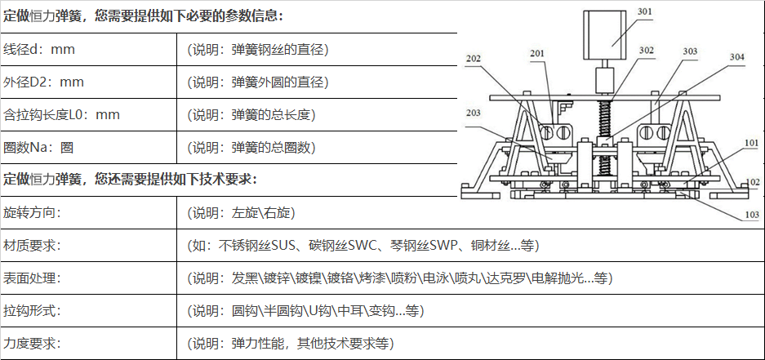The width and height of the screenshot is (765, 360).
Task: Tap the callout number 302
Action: pyautogui.click(x=647, y=51)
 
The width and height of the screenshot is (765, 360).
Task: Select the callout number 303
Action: pyautogui.click(x=690, y=51)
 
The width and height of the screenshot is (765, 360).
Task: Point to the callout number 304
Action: pyautogui.click(x=736, y=57)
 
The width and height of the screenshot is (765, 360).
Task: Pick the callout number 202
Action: pyautogui.click(x=474, y=58)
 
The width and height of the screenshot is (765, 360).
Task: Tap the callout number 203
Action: pyautogui.click(x=474, y=112)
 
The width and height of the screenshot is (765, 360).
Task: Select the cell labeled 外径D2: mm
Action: pyautogui.click(x=44, y=82)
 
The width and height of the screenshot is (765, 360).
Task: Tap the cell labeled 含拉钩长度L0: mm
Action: pyautogui.click(x=61, y=115)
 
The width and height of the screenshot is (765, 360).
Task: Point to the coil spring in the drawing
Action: pyautogui.click(x=607, y=122)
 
